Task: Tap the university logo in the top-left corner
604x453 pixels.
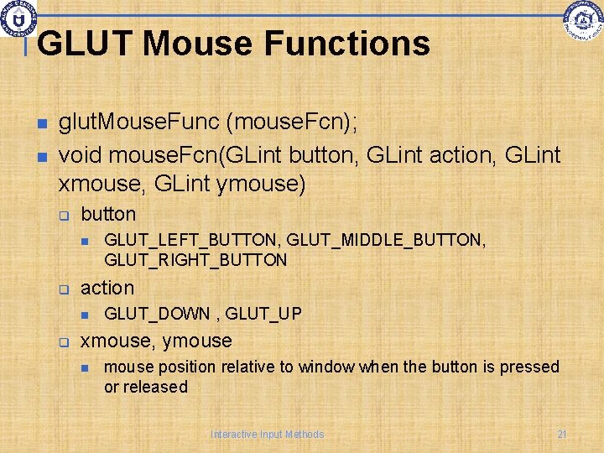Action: (18, 18)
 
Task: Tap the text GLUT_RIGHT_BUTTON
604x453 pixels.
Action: (195, 260)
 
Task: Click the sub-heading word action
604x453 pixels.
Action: (107, 288)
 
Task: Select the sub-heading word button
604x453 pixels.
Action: (107, 214)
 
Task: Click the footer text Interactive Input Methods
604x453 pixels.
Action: (267, 434)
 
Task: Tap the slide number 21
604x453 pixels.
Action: (562, 434)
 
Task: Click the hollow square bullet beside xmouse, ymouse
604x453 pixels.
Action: (62, 341)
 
